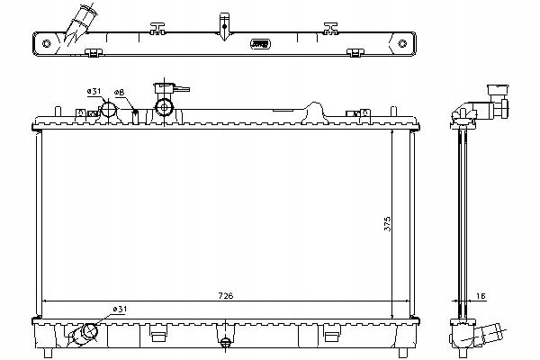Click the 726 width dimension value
point(226,295)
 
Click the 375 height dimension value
point(387,223)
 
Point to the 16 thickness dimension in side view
point(481,296)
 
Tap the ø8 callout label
point(119,93)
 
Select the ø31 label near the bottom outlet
point(120,310)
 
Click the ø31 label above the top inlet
point(94,91)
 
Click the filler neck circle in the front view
point(164,107)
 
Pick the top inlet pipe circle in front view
point(109,109)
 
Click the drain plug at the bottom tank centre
point(225,343)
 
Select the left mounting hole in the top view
point(47,43)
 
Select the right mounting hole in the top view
point(402,43)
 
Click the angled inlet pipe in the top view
point(81,23)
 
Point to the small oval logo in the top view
point(260,44)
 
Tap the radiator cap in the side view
point(499,90)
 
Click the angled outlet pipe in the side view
point(490,335)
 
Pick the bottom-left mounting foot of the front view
point(49,353)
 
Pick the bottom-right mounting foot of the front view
point(403,353)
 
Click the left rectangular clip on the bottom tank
point(158,337)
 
